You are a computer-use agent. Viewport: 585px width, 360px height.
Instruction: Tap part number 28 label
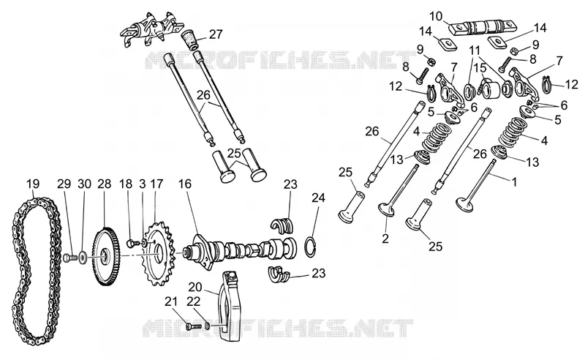click(x=105, y=184)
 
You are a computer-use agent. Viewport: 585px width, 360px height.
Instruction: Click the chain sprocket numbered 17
click(x=159, y=254)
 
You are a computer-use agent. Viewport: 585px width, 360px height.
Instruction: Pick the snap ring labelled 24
click(x=312, y=246)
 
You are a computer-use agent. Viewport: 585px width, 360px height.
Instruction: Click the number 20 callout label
click(x=195, y=287)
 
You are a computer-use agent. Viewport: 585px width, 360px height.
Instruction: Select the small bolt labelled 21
click(x=193, y=326)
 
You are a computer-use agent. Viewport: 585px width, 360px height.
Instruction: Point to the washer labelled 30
click(x=83, y=258)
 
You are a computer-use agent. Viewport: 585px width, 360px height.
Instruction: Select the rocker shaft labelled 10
click(x=482, y=27)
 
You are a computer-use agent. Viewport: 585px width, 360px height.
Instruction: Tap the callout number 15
click(x=480, y=68)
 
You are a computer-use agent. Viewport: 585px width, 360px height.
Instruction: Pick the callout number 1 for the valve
click(x=515, y=182)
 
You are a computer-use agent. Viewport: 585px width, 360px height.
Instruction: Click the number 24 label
click(x=318, y=198)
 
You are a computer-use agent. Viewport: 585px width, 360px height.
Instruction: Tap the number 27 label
click(x=216, y=34)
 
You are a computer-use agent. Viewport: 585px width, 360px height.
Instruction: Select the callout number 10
click(x=436, y=16)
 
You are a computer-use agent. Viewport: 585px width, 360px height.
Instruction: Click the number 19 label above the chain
click(x=33, y=184)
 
